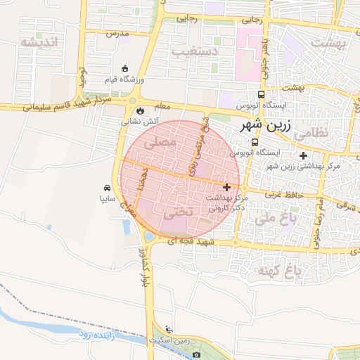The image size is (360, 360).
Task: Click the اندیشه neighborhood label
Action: [42, 43]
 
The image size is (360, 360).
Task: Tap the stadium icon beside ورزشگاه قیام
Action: [124, 68]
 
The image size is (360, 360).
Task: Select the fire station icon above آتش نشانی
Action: [141, 110]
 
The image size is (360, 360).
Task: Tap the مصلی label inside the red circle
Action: [160, 143]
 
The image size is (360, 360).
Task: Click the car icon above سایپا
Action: [106, 188]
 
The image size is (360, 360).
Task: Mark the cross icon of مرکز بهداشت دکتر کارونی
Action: [226, 187]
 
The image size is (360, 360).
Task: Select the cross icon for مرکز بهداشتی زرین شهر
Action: [303, 155]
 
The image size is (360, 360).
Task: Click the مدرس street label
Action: [117, 33]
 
